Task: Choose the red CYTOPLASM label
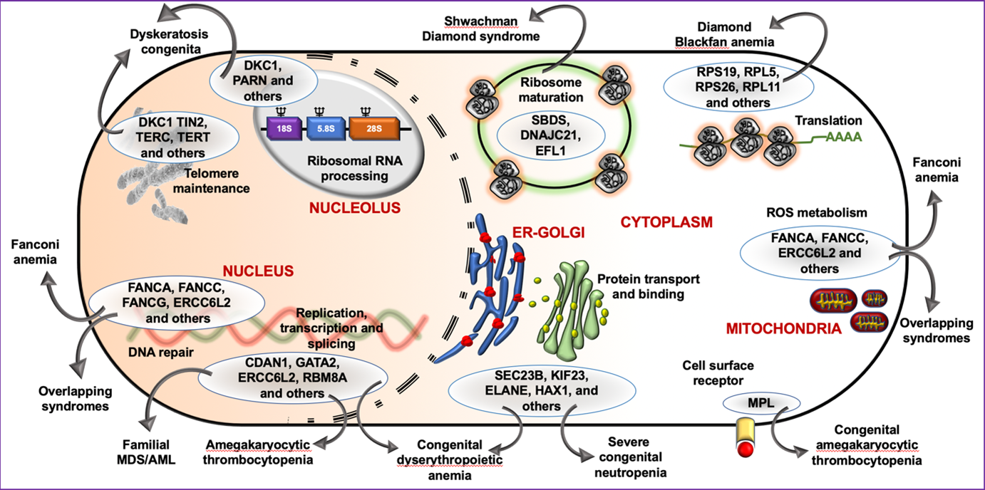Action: [x=667, y=222]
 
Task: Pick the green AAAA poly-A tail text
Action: [x=844, y=137]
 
